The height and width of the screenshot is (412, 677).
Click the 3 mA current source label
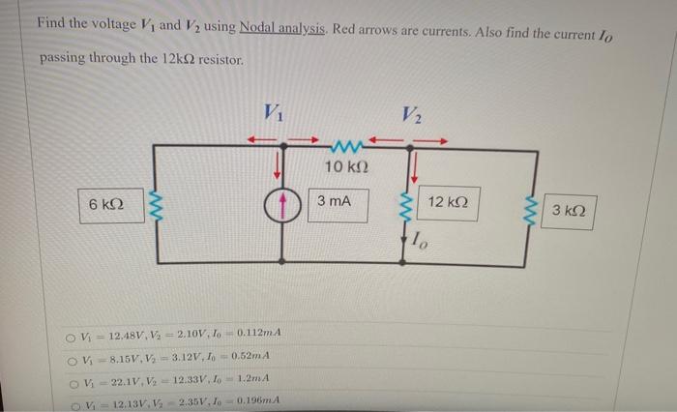(x=334, y=202)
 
